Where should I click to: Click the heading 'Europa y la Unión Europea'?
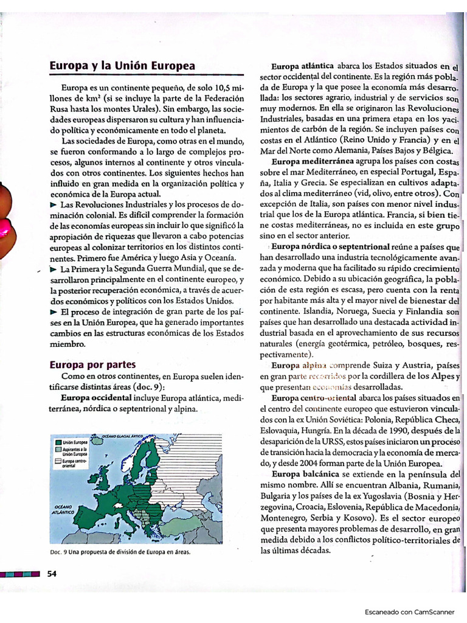click(x=122, y=66)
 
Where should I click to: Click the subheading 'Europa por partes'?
click(x=92, y=365)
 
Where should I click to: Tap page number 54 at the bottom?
click(x=52, y=573)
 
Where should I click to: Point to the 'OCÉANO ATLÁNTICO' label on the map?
click(x=63, y=510)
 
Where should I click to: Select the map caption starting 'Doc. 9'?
click(x=120, y=552)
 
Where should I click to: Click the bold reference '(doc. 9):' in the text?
click(x=148, y=387)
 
